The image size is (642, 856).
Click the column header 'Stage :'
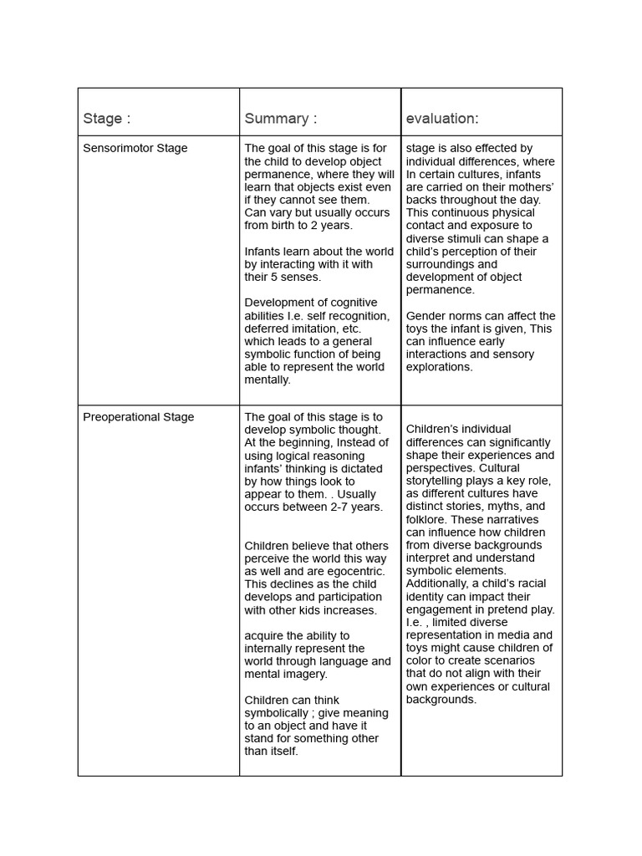click(x=106, y=119)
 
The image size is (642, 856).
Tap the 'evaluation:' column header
click(x=442, y=119)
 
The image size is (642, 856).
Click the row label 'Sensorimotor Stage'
click(x=135, y=148)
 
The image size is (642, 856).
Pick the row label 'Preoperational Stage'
click(x=139, y=417)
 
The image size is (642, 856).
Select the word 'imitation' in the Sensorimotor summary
click(x=311, y=329)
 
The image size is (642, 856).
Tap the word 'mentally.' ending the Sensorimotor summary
click(x=267, y=380)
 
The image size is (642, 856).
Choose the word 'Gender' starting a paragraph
click(x=425, y=316)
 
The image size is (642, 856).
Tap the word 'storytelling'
click(x=440, y=481)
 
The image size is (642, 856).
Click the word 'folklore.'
click(x=430, y=519)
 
